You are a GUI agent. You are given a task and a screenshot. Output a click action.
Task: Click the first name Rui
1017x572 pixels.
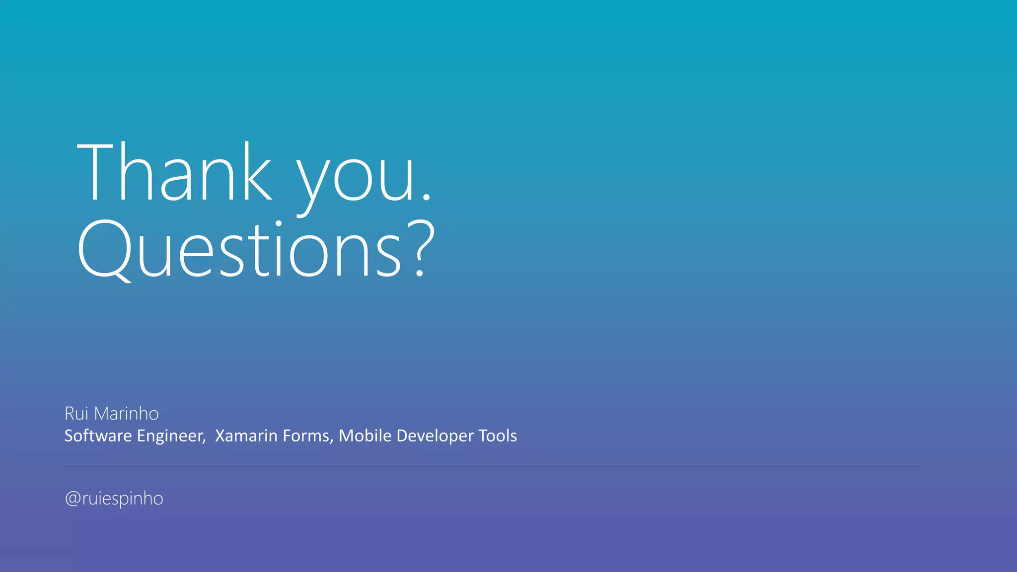pos(76,414)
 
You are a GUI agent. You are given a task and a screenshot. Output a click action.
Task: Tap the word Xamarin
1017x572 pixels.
pos(246,436)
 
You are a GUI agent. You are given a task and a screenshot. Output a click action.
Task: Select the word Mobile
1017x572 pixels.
pos(365,436)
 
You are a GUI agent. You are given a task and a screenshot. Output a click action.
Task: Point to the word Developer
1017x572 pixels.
pos(435,436)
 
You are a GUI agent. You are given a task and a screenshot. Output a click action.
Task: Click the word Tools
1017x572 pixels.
pos(498,436)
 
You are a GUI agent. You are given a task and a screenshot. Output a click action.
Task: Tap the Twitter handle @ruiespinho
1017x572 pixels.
pos(114,499)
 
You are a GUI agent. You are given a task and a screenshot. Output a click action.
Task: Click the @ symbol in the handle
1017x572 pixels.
pos(73,499)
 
